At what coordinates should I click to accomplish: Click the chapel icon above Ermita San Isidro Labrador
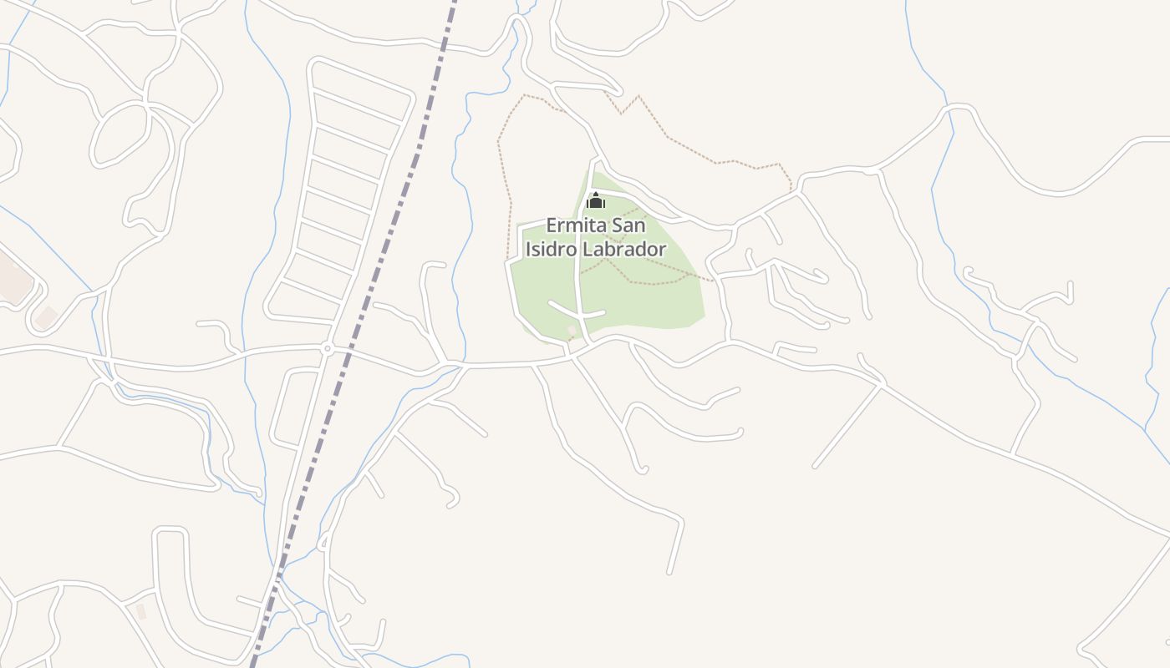pos(595,200)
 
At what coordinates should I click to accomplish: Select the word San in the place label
pos(628,225)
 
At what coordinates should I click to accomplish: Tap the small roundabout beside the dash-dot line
pos(328,348)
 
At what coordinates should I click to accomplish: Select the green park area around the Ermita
pos(652,301)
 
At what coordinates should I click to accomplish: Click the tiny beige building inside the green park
pos(572,331)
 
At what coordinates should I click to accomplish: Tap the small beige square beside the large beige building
pos(46,316)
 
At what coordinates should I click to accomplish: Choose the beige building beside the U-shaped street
pos(140,611)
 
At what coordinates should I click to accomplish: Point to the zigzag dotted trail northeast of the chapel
pos(710,159)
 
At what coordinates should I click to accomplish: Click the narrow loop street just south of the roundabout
pos(285,409)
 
